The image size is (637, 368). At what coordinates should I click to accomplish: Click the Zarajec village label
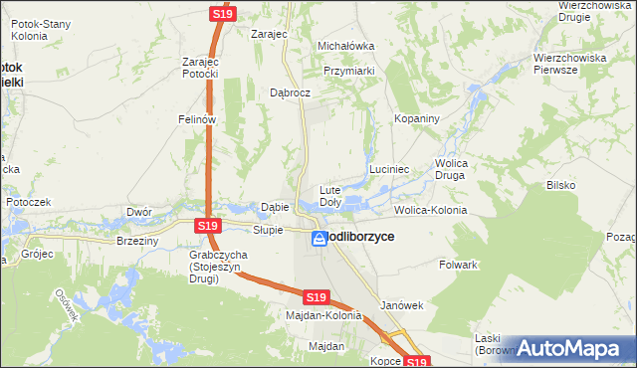coord(269,33)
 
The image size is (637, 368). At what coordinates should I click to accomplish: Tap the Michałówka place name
coord(344,46)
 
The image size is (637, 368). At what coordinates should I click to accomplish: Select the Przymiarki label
coord(348,71)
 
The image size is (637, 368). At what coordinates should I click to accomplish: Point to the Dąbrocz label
coord(291,92)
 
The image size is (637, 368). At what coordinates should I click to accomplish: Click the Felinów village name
coord(197,119)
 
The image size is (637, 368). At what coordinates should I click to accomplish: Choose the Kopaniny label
coord(417,118)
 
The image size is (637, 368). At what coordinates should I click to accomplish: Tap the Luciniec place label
coord(390,170)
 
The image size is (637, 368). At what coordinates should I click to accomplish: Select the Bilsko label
coord(561,185)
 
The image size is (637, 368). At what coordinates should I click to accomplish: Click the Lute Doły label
coord(330,195)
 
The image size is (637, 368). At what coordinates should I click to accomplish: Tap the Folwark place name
coord(459,265)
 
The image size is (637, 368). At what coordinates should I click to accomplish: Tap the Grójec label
coord(36,254)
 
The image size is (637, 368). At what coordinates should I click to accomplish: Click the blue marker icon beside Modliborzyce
coord(318,239)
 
